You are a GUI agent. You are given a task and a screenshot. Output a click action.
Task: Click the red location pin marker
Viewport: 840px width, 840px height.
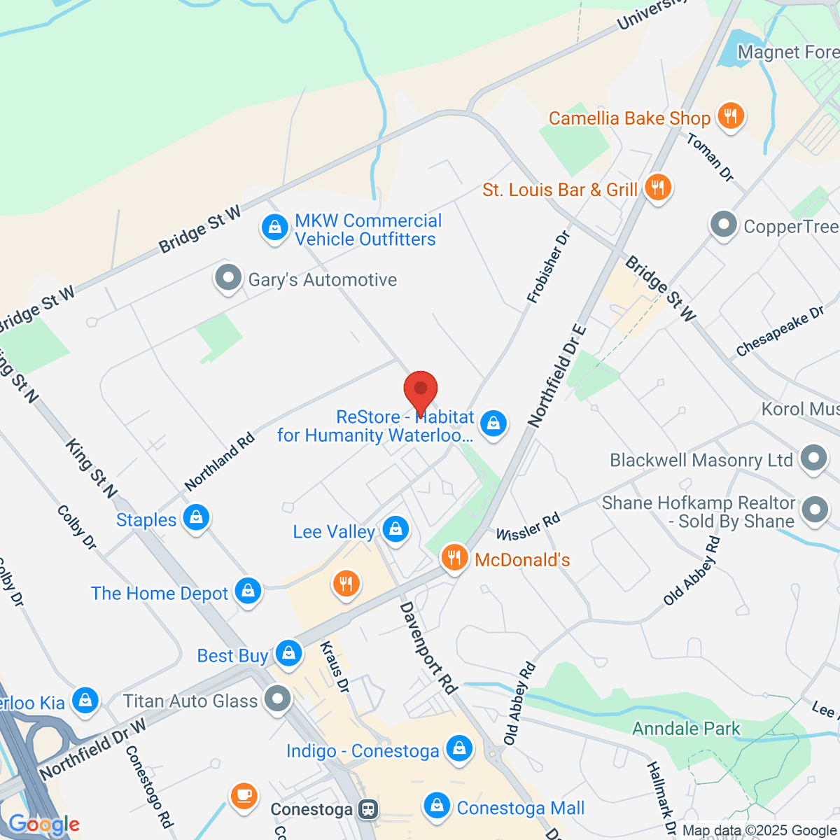click(x=421, y=390)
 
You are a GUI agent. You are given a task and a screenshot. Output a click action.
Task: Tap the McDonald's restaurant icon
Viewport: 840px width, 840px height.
click(x=454, y=558)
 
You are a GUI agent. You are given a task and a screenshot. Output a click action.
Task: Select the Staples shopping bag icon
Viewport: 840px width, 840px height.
click(x=196, y=518)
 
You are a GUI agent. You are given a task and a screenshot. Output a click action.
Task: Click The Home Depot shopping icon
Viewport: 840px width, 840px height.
click(x=248, y=591)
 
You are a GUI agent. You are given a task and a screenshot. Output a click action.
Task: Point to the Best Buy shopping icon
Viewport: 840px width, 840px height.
click(x=288, y=654)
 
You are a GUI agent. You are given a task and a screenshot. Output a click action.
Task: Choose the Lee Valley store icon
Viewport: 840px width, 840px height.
click(x=395, y=529)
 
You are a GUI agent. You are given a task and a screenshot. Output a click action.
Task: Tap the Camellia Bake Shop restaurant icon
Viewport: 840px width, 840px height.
click(x=731, y=115)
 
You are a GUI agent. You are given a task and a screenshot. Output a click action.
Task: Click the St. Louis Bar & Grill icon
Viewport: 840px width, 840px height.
click(x=657, y=188)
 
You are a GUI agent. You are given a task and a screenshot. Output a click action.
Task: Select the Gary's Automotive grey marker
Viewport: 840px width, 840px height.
click(x=227, y=278)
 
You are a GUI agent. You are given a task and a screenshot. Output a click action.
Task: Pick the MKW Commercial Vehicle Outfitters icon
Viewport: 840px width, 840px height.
click(x=274, y=228)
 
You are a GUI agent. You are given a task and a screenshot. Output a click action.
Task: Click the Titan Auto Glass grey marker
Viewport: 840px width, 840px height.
click(x=278, y=699)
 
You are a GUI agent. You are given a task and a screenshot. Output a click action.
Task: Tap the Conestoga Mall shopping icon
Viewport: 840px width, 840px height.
click(x=437, y=806)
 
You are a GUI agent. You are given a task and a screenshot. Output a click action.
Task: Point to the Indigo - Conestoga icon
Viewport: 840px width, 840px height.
click(x=459, y=749)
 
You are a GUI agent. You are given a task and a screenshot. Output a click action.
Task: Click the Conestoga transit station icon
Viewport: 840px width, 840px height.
click(x=367, y=810)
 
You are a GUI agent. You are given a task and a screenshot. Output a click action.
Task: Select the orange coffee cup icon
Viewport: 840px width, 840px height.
click(x=244, y=796)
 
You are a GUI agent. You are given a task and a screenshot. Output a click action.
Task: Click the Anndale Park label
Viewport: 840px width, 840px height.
click(x=686, y=729)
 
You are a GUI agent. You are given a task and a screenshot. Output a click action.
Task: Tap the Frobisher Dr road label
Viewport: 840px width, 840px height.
click(x=549, y=267)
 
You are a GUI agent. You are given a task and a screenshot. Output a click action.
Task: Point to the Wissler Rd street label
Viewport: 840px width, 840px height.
click(x=528, y=526)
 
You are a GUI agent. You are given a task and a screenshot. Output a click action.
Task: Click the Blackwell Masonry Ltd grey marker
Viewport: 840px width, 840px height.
click(x=813, y=459)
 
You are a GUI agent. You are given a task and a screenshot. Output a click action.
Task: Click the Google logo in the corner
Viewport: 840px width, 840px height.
click(x=43, y=825)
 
